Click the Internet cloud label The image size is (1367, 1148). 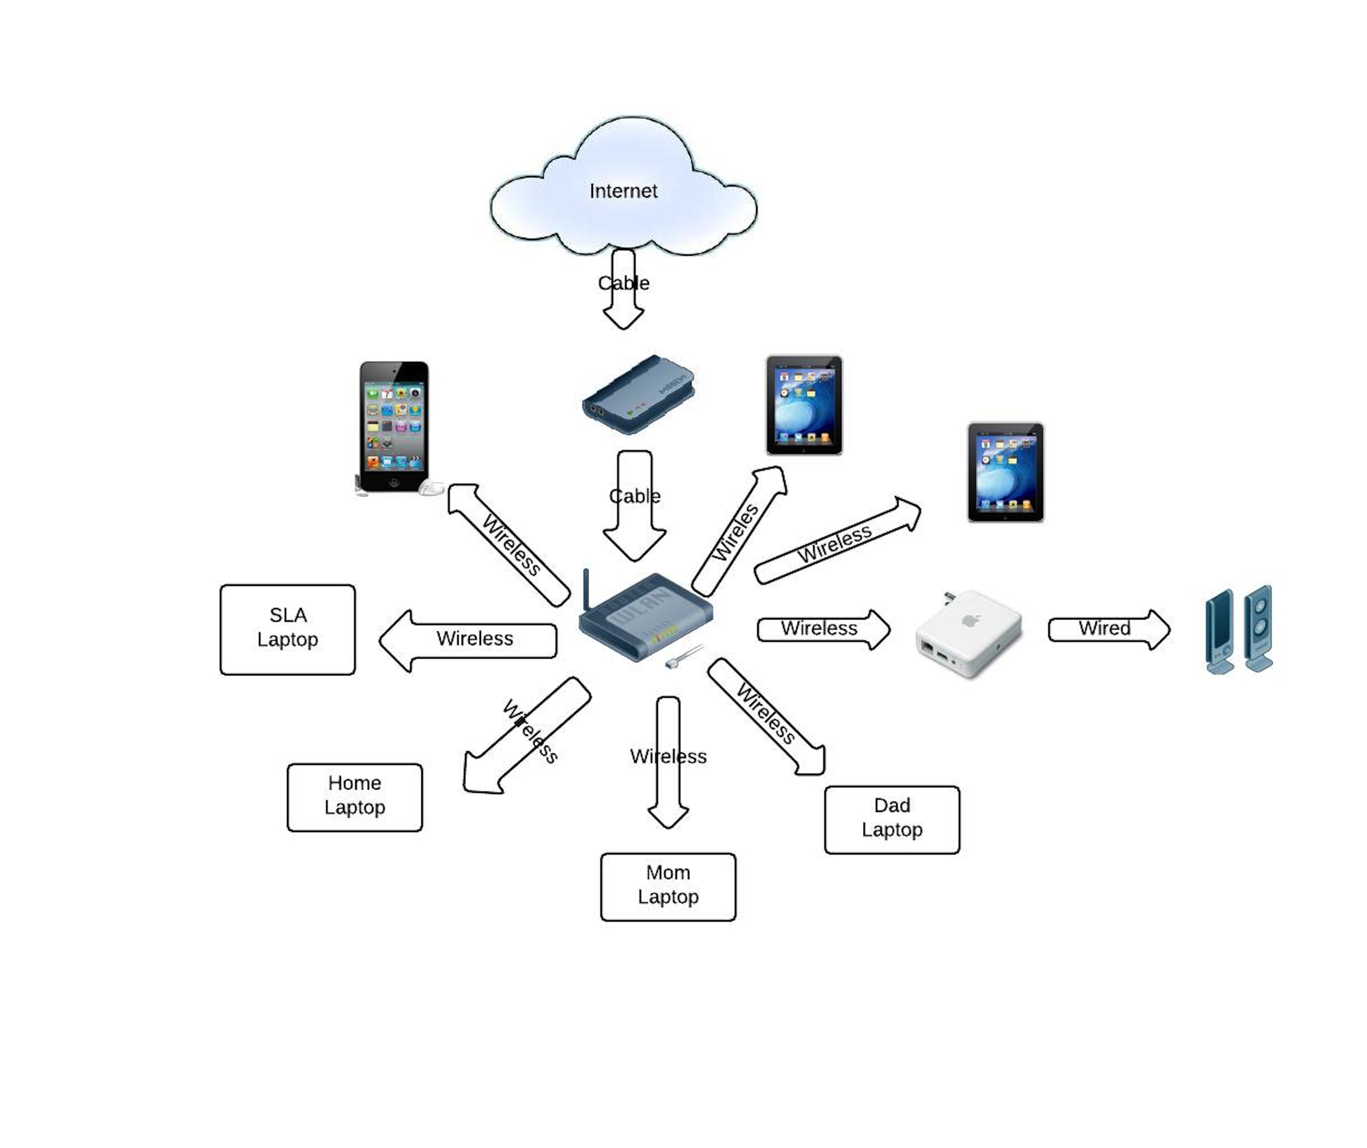(x=623, y=191)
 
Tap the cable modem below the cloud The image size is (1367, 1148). (x=638, y=395)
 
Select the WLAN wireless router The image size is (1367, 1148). (x=646, y=619)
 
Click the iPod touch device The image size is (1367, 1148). (x=394, y=426)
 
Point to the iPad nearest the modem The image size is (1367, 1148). (x=804, y=405)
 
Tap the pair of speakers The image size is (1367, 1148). (x=1239, y=630)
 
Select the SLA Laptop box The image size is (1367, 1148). (x=288, y=629)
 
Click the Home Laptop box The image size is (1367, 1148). (x=355, y=797)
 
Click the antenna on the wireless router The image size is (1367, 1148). (x=586, y=589)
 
